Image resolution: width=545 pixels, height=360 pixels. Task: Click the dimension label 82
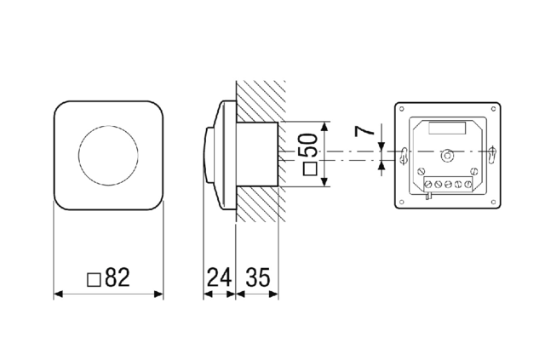(x=118, y=277)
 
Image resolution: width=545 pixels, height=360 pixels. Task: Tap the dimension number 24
(x=220, y=277)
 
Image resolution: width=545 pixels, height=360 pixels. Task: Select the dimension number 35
(x=257, y=277)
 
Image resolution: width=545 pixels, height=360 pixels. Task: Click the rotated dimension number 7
(x=364, y=131)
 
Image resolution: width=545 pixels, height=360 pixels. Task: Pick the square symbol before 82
(x=94, y=280)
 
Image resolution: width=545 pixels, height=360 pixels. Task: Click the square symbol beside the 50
(x=310, y=169)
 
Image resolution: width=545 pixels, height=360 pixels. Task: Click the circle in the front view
(x=108, y=155)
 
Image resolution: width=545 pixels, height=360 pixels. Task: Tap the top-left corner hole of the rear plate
(x=402, y=109)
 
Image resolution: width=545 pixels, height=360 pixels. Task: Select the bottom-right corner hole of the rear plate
(x=494, y=202)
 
